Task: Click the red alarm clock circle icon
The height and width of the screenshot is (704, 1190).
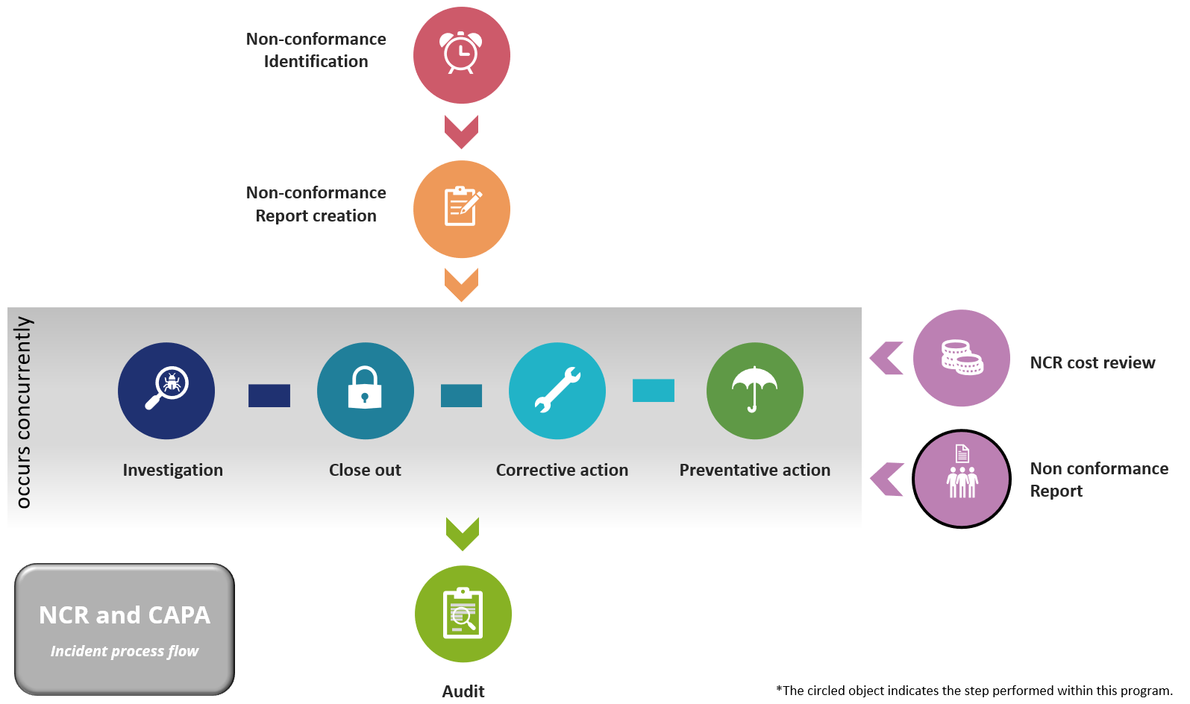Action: [x=462, y=55]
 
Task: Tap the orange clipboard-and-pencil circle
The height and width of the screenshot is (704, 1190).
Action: [x=462, y=209]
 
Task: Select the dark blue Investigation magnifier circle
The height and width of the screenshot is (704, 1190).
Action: [x=166, y=391]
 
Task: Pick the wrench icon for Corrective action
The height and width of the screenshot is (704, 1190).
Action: [x=557, y=391]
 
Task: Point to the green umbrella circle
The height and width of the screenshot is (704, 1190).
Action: [x=755, y=391]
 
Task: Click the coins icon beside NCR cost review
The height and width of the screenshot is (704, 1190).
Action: [x=962, y=358]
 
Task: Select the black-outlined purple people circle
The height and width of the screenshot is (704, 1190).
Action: [x=962, y=479]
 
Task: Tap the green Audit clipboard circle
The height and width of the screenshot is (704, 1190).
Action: [x=463, y=614]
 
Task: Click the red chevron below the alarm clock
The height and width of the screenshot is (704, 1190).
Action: [x=461, y=131]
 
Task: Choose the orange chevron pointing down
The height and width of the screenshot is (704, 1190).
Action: [x=461, y=284]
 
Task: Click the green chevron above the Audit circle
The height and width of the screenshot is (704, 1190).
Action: [x=463, y=533]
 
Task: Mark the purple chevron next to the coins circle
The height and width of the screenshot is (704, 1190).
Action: [x=888, y=358]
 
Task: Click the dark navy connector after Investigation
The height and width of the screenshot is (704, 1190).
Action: [x=269, y=395]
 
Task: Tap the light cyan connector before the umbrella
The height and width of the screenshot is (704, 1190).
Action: [x=654, y=390]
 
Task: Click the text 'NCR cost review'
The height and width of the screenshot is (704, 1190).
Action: [x=1092, y=363]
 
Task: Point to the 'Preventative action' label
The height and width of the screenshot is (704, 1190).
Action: [x=754, y=470]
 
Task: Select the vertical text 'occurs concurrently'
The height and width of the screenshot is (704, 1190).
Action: [x=23, y=412]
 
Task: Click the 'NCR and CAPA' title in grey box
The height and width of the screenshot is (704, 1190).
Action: [x=125, y=615]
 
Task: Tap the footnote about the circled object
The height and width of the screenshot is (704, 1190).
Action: [x=974, y=691]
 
